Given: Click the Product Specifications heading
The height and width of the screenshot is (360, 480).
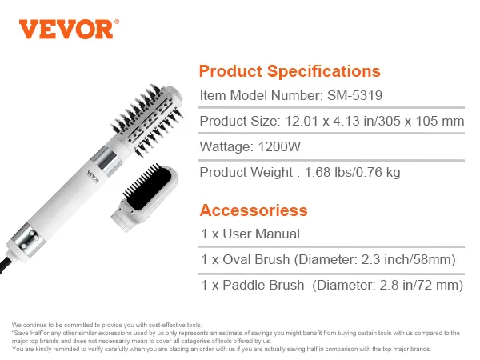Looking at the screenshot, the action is (x=290, y=71).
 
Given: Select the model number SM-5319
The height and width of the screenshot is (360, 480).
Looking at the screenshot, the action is (x=354, y=95).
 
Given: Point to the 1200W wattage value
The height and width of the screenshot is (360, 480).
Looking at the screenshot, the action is (x=279, y=146).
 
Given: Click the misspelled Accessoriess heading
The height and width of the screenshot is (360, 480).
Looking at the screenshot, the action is (x=254, y=210).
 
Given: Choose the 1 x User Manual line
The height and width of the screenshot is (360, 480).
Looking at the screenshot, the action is (x=250, y=234).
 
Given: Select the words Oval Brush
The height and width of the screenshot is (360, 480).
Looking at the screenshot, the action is (x=256, y=259).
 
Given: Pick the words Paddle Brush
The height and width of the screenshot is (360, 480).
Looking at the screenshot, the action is (x=263, y=285).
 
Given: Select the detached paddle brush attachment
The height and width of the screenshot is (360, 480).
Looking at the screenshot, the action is (x=144, y=197).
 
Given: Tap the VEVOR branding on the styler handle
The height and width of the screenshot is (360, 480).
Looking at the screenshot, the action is (x=94, y=176).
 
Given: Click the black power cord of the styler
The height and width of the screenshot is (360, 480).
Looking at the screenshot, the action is (x=6, y=264).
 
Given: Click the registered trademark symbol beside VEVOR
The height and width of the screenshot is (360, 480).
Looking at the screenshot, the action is (x=117, y=22).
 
